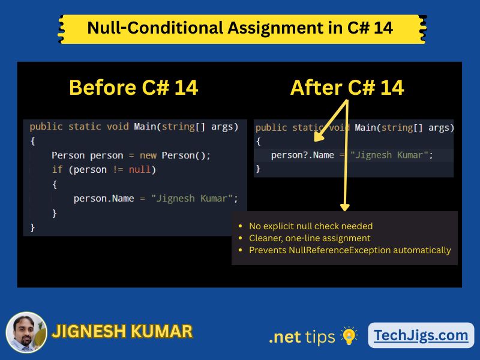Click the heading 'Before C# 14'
tap(133, 88)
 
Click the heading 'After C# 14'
tap(347, 88)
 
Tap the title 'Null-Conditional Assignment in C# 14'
tap(240, 28)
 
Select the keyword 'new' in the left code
tap(148, 155)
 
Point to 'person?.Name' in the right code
tap(302, 155)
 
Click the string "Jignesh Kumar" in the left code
tap(194, 198)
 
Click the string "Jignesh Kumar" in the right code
tap(390, 155)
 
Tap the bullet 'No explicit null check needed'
tap(311, 226)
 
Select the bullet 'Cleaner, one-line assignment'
tap(310, 238)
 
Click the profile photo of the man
tap(26, 332)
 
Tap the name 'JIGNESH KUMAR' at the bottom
tap(122, 331)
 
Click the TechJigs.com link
tap(421, 335)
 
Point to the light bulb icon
tap(349, 335)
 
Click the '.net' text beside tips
tap(284, 337)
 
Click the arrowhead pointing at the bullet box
tap(344, 206)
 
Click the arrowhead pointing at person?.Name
tap(318, 137)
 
